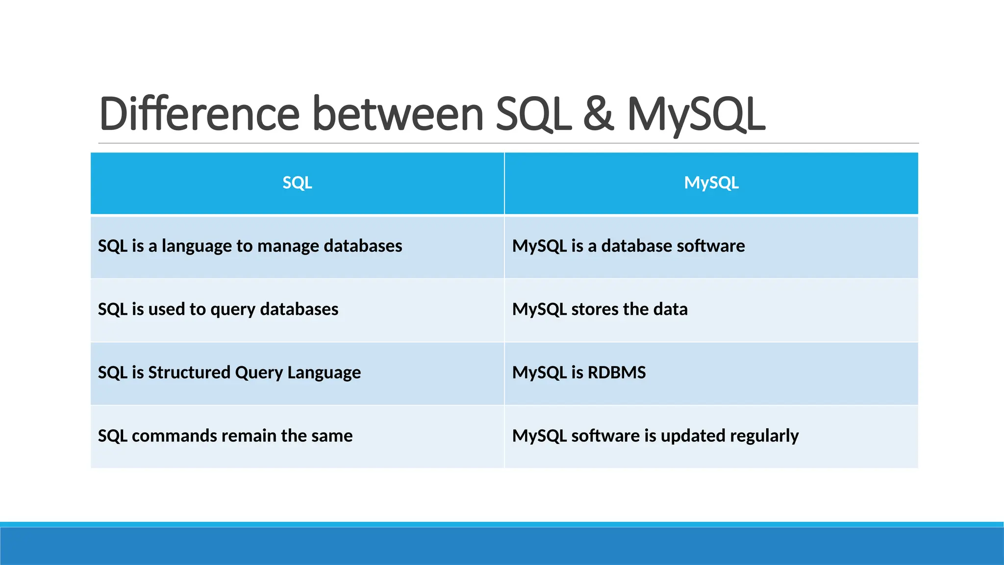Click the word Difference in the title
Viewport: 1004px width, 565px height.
[x=199, y=114]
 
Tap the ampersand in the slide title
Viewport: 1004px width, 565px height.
[x=599, y=114]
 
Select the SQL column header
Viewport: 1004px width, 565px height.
[x=297, y=183]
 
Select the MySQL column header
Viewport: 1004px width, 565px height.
[x=711, y=183]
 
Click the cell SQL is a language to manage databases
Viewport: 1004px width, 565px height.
[x=250, y=246]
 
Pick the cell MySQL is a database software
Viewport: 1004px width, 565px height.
[x=628, y=246]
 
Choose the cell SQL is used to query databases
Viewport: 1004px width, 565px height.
[x=218, y=309]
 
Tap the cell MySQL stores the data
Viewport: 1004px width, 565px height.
[x=600, y=309]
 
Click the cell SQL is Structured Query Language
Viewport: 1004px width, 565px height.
[x=229, y=372]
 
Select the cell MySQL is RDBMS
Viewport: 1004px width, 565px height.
[x=579, y=372]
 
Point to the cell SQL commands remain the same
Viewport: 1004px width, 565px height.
[x=225, y=436]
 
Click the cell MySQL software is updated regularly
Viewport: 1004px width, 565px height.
[x=655, y=436]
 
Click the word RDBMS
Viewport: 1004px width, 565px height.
[x=616, y=372]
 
